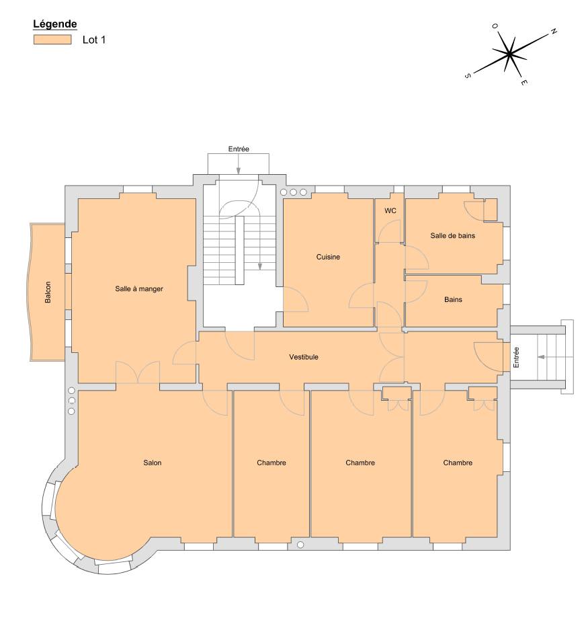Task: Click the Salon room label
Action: [153, 463]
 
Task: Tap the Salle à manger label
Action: [139, 288]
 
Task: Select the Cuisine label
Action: [328, 257]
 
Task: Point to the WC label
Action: [390, 210]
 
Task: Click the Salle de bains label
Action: [453, 235]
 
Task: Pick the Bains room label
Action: [453, 300]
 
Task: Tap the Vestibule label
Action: [304, 357]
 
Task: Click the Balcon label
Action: [48, 292]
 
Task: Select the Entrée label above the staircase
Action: [239, 149]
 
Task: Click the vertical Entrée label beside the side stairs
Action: [516, 358]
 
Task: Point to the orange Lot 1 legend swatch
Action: [52, 40]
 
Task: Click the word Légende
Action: [55, 24]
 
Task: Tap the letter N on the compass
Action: [554, 32]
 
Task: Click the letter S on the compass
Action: [467, 75]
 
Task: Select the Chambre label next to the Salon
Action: [271, 463]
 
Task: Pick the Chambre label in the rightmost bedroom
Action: [458, 463]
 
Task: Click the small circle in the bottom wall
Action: [300, 545]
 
